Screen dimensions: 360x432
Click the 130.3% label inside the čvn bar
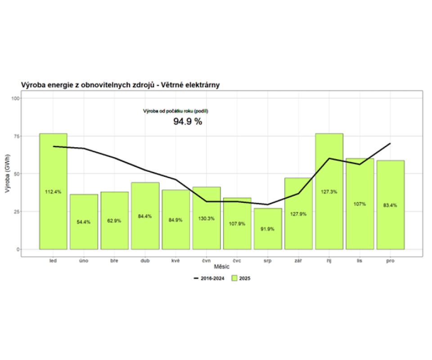click(207, 218)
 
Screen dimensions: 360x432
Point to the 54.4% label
click(84, 222)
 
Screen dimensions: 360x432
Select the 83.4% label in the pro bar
click(391, 205)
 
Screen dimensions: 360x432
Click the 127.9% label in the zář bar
click(298, 214)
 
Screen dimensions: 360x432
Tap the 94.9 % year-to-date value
click(188, 121)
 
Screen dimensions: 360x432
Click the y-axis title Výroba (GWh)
click(7, 174)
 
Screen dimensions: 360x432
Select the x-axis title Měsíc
click(222, 267)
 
